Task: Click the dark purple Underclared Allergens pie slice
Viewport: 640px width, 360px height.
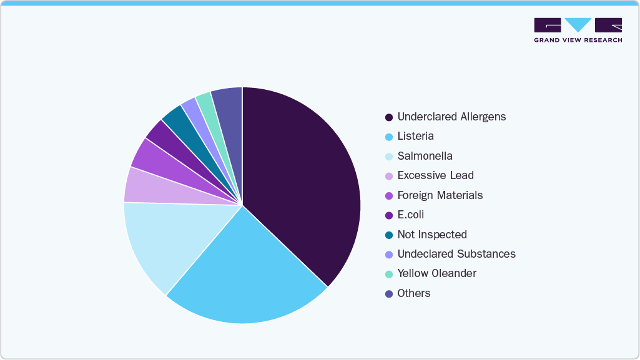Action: tap(300, 181)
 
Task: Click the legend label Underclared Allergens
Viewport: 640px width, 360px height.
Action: tap(451, 117)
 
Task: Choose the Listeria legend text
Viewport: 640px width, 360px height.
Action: tap(415, 136)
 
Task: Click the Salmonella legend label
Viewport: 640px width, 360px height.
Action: tap(425, 156)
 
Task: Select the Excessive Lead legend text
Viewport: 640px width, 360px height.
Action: tap(435, 175)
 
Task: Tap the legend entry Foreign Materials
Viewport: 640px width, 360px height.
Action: tap(440, 195)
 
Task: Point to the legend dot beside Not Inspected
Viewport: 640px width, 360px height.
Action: tap(389, 235)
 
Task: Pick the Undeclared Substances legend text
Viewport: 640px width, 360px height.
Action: tap(456, 254)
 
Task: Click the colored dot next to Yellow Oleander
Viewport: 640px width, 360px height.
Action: tap(389, 274)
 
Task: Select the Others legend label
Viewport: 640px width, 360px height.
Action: tap(414, 293)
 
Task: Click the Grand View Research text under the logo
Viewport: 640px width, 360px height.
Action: tap(578, 40)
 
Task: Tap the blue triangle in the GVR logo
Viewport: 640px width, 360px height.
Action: tap(578, 24)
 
